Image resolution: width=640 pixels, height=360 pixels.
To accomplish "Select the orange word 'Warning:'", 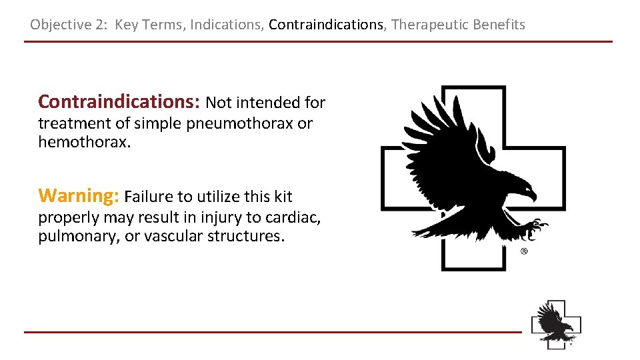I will tap(79, 196).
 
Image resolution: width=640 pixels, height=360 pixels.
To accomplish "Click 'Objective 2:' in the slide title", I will tap(69, 25).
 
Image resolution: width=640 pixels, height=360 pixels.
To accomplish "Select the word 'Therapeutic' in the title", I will tap(430, 25).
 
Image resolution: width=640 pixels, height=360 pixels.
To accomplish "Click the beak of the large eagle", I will tap(531, 196).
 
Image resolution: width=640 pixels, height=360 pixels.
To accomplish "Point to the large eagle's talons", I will tap(533, 229).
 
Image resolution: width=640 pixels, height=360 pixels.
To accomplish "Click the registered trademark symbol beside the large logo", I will tap(524, 251).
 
